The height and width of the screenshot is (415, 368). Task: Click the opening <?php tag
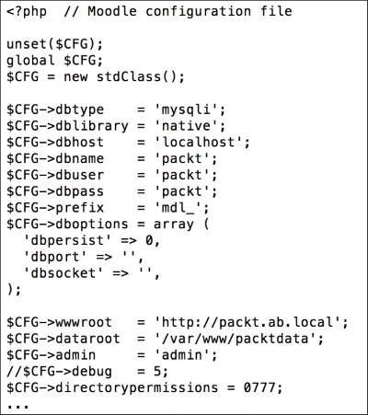(27, 12)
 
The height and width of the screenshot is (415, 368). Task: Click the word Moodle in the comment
(112, 11)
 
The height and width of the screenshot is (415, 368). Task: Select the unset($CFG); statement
(55, 44)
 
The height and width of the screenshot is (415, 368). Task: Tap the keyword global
(30, 61)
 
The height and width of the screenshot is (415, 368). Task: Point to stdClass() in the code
(137, 76)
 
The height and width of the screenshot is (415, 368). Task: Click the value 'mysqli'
(186, 110)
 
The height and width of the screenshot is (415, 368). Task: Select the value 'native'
(186, 126)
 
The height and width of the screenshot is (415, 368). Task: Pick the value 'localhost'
(198, 143)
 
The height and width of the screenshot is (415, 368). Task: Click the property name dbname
(80, 159)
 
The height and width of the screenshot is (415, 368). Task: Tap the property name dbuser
(80, 175)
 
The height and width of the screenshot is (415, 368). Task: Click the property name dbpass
(80, 192)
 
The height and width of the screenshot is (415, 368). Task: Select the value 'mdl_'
(178, 208)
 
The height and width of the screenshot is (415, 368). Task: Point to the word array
(174, 225)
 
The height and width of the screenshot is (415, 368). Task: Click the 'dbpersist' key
(67, 241)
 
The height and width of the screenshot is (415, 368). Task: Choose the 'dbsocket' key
(63, 273)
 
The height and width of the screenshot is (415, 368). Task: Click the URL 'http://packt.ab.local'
(247, 322)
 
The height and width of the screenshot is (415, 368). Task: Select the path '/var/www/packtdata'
(236, 339)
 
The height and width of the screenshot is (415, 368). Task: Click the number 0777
(259, 388)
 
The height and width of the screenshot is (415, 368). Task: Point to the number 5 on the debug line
(158, 372)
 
